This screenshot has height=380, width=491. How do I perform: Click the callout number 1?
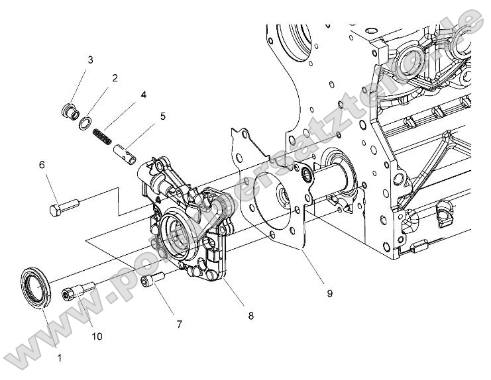(60, 357)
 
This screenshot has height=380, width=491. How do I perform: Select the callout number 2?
(115, 78)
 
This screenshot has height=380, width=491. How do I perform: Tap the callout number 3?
(90, 60)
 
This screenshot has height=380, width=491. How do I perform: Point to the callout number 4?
(143, 95)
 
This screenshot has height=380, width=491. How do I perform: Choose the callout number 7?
(179, 324)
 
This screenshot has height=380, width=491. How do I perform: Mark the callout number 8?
(250, 316)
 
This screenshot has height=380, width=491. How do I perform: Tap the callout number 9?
(329, 291)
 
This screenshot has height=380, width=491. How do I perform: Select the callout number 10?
(97, 336)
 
